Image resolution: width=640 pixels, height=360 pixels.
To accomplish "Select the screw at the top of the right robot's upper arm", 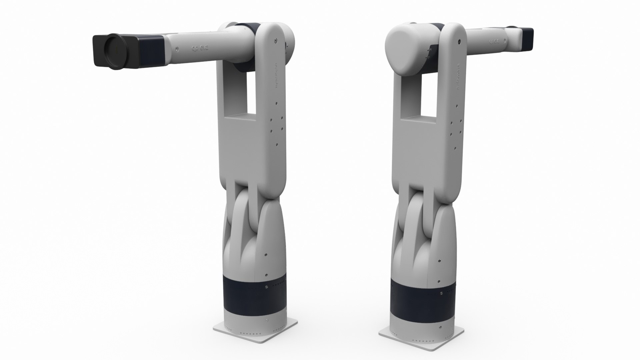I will (459, 41).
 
